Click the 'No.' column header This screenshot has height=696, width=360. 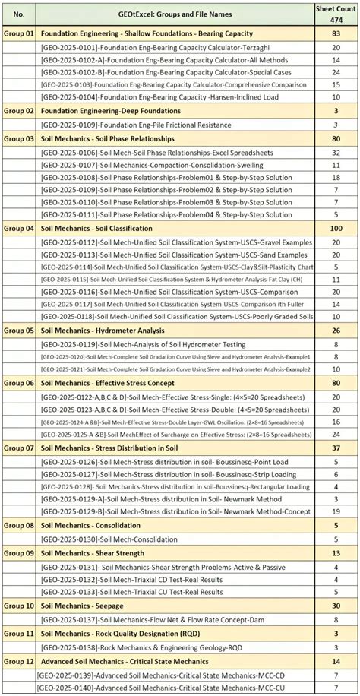(x=19, y=14)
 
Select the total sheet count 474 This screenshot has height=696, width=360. (x=336, y=20)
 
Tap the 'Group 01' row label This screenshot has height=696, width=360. (x=19, y=34)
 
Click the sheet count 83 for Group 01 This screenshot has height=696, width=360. (x=336, y=34)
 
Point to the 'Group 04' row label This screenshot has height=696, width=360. (x=19, y=228)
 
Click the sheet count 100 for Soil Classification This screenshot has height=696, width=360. (x=336, y=228)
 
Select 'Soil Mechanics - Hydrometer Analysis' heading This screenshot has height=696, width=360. (x=102, y=331)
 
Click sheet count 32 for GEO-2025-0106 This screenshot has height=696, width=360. (x=336, y=152)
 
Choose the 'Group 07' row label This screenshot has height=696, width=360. (x=19, y=448)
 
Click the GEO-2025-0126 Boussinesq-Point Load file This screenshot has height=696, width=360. (x=163, y=461)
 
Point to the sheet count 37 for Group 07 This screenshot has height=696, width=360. (x=336, y=448)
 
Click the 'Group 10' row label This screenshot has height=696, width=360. (x=19, y=606)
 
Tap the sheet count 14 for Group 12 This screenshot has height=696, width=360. (x=336, y=661)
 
